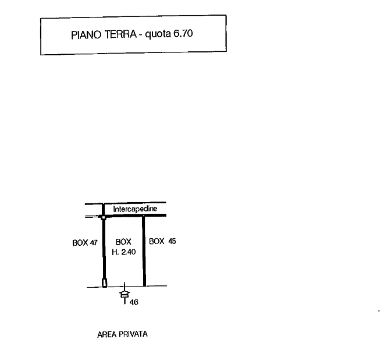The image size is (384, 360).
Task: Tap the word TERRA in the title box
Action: (x=120, y=34)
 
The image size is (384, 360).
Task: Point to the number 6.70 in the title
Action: (x=183, y=34)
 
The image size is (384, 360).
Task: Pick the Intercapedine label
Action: (x=135, y=209)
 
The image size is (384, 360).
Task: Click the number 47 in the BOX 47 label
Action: (x=93, y=242)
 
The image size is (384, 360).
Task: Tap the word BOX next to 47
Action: (x=80, y=242)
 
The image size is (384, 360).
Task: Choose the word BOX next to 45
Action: (x=157, y=241)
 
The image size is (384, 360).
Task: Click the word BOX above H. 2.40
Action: (x=123, y=242)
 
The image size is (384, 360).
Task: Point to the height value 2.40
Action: (x=128, y=252)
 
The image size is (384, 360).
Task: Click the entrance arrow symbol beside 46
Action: (x=125, y=294)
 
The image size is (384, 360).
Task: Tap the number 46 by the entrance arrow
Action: (x=134, y=302)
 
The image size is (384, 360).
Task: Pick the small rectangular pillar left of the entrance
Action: (x=105, y=283)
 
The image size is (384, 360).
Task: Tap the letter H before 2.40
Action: (x=115, y=252)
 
